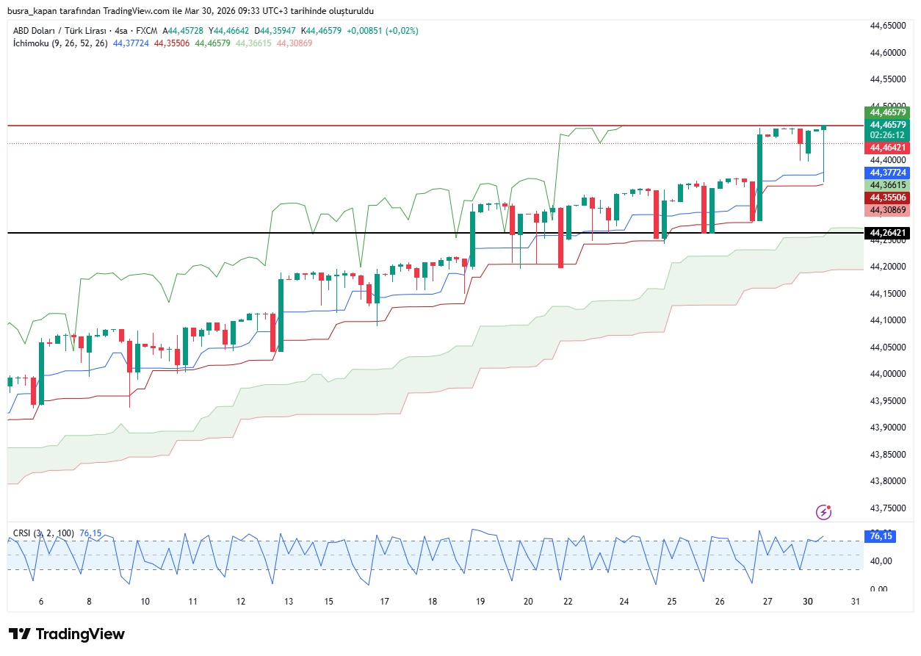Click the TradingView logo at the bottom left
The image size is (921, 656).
tap(67, 634)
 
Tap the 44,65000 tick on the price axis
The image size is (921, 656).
tap(887, 26)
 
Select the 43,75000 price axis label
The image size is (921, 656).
tap(887, 508)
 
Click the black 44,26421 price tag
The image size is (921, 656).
tap(888, 234)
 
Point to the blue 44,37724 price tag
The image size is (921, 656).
tap(888, 173)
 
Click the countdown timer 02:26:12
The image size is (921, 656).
tap(888, 136)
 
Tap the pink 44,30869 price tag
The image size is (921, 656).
tap(888, 210)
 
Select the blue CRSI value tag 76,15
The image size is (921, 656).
tap(881, 536)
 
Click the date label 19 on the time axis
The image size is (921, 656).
tap(480, 602)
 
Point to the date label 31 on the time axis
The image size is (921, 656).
tap(856, 602)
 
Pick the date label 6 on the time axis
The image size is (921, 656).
tap(41, 602)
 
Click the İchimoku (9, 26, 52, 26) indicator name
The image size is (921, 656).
tap(60, 43)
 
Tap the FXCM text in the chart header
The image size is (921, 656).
tap(146, 31)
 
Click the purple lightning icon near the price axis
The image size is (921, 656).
tap(824, 511)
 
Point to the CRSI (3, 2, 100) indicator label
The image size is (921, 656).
tap(43, 533)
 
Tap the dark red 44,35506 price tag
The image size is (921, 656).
tap(888, 198)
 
